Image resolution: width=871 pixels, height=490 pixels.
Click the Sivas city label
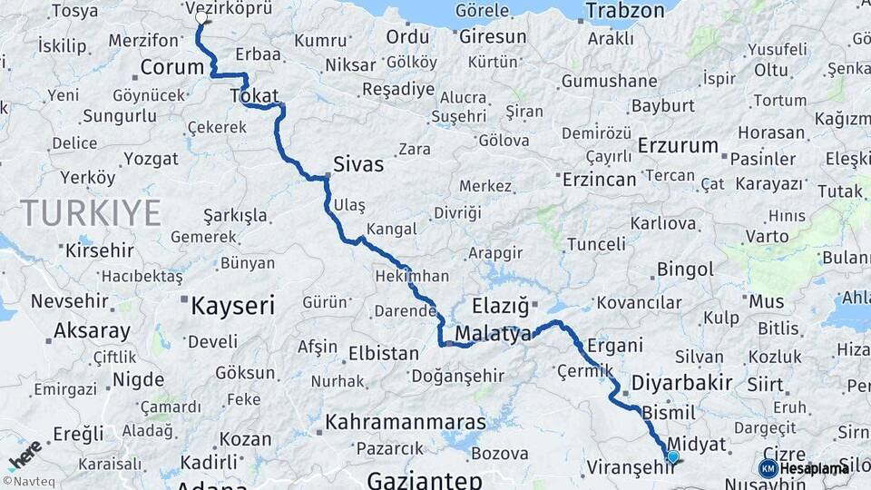tap(358, 164)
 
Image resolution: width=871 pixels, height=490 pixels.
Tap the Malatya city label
tap(493, 334)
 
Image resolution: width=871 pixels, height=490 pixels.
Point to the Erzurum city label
tap(678, 145)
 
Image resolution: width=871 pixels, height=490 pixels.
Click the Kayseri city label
tap(232, 306)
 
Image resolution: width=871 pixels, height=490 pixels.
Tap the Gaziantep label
tap(424, 480)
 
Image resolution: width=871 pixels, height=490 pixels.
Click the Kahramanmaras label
tap(406, 422)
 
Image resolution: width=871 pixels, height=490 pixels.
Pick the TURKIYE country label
tap(92, 213)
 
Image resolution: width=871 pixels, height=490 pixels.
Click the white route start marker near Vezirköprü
tap(201, 17)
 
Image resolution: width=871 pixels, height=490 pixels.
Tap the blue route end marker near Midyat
tap(672, 456)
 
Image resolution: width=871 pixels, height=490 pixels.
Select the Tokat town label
tap(254, 96)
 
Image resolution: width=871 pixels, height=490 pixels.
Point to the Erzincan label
tap(599, 180)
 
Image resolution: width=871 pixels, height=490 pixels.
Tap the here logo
tap(24, 453)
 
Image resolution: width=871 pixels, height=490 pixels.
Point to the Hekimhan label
tap(411, 276)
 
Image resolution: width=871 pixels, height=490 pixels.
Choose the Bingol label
tap(685, 269)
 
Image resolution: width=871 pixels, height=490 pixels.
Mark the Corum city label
tap(172, 67)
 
